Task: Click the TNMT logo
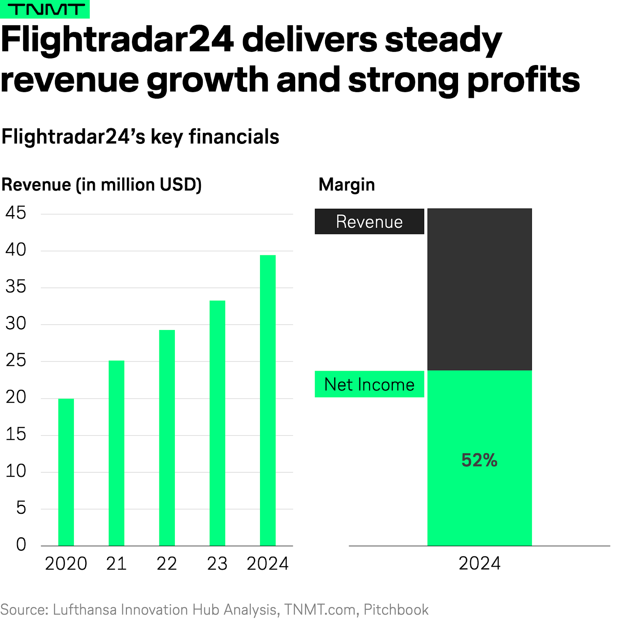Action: click(x=45, y=9)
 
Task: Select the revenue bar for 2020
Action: click(x=66, y=472)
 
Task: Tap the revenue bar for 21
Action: click(x=116, y=453)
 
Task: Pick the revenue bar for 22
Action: click(x=167, y=437)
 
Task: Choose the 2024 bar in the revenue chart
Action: click(x=268, y=400)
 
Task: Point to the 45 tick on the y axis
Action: click(x=16, y=213)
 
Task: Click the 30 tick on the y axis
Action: click(x=16, y=324)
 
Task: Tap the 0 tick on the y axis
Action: click(x=21, y=545)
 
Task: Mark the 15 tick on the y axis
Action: click(x=16, y=434)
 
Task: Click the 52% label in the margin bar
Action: click(x=479, y=460)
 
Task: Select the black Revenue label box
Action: click(x=369, y=222)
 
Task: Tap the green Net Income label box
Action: click(x=369, y=384)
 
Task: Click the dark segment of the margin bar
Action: click(x=479, y=289)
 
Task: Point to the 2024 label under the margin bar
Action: click(x=479, y=563)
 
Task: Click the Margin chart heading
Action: click(x=347, y=185)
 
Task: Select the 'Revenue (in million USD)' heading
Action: click(x=101, y=185)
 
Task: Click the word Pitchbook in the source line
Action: click(x=396, y=610)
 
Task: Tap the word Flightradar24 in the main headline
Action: click(x=118, y=39)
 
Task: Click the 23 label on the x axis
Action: click(x=217, y=564)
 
